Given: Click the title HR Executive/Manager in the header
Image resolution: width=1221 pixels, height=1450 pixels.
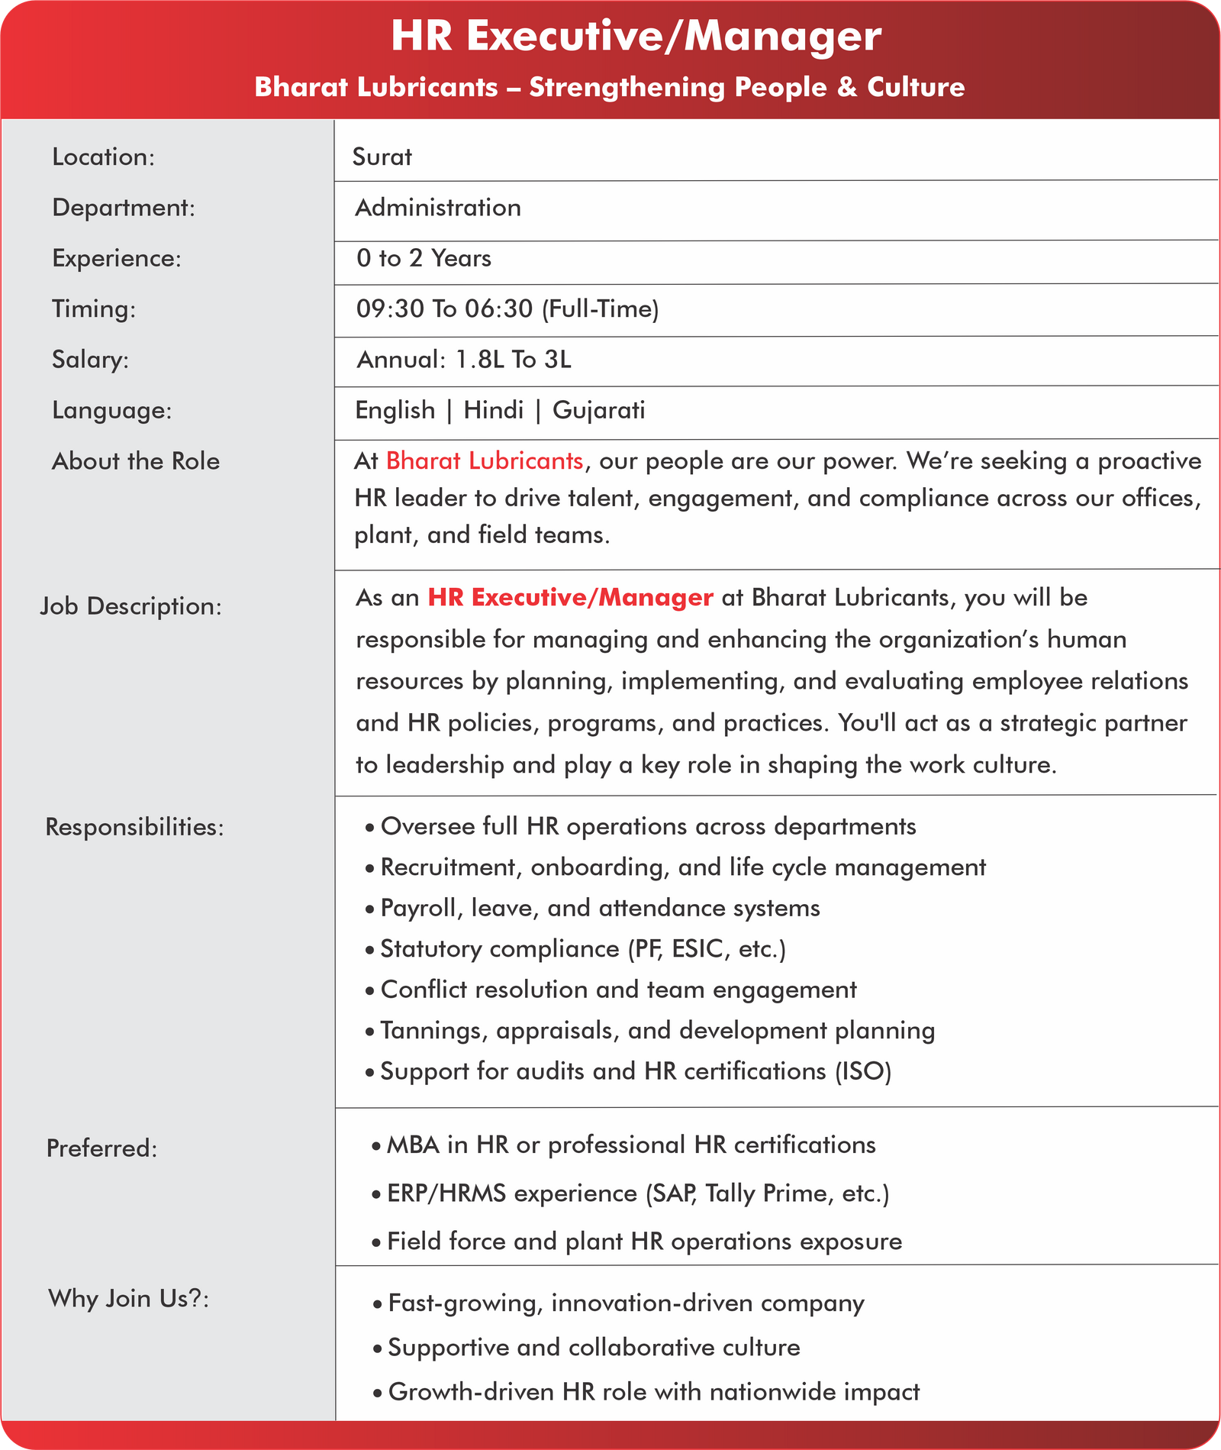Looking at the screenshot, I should pos(636,37).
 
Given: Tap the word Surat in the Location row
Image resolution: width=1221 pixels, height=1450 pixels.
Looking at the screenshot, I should pos(382,157).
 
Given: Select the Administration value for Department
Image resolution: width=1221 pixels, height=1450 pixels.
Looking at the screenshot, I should pos(438,208).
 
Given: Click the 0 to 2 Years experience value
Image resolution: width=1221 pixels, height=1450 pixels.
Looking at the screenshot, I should pos(424,258).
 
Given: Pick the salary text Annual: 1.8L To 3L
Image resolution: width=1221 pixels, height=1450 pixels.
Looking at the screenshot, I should pos(464,360).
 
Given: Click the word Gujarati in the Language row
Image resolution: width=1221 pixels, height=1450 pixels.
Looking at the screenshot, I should pos(598,411).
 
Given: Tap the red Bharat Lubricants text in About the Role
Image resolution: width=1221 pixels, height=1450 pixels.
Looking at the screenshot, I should pos(485,461).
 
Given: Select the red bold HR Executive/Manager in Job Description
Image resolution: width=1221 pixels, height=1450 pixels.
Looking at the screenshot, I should pos(570,597).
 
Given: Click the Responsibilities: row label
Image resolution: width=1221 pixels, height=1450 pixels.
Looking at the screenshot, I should pos(135,827).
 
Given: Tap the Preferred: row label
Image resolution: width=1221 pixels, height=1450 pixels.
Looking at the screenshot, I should pos(102,1148).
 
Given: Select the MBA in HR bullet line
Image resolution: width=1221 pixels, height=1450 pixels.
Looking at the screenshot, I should pos(631,1145).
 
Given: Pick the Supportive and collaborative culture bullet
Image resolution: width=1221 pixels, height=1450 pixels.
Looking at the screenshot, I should pos(594,1348).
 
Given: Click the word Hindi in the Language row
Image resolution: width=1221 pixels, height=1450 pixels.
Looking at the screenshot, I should pos(494,411).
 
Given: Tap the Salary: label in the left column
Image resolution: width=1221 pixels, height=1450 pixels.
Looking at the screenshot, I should pos(90,360).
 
